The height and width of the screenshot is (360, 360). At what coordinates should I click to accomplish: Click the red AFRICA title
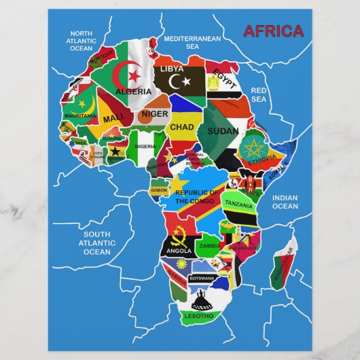point(273,31)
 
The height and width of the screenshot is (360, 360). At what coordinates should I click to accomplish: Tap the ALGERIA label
point(134,91)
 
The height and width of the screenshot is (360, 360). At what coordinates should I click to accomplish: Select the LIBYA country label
point(172,69)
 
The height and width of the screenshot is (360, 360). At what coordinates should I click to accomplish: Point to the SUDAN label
point(222,130)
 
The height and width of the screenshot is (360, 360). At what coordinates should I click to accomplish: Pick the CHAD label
point(182,127)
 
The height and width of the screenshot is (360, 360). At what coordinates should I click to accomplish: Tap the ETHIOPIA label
point(262,161)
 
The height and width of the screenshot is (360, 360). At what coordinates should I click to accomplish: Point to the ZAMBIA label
point(209,245)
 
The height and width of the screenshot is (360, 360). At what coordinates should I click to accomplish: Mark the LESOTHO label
point(198,316)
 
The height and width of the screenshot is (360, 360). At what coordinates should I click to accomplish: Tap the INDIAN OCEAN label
point(285,202)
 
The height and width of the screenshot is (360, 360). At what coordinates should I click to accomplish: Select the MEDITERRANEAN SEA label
point(193,43)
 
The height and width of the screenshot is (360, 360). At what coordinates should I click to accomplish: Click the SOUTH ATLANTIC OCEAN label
point(96,242)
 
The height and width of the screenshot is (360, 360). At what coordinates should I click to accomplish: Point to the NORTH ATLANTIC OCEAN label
point(81,41)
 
